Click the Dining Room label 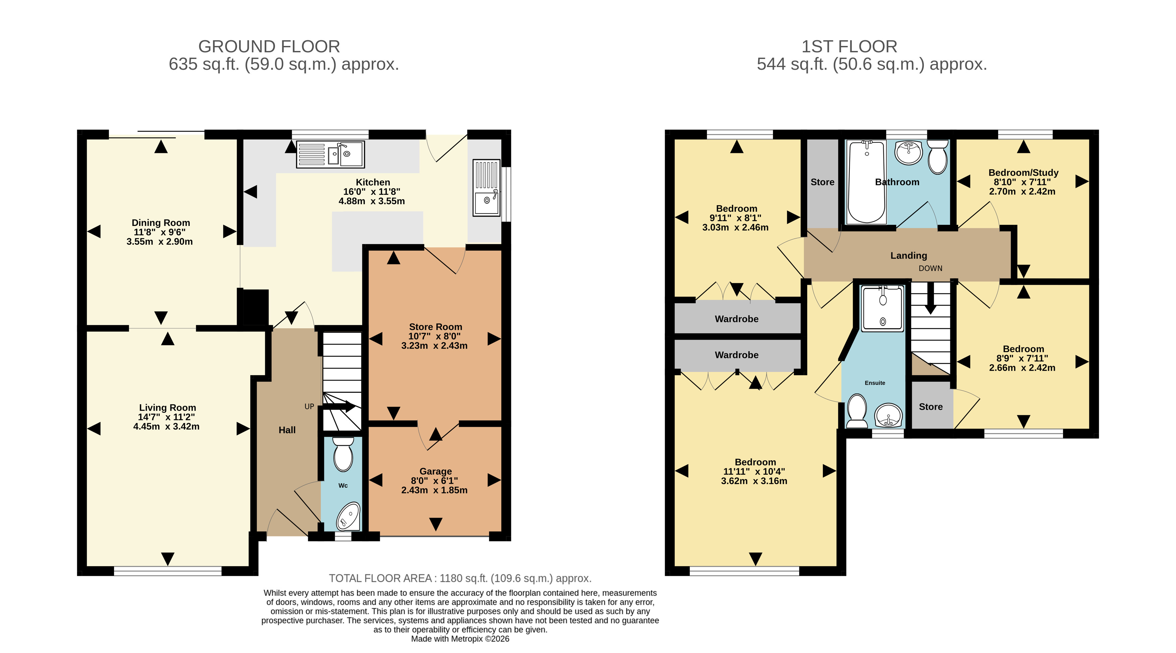pos(161,223)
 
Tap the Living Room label pos(168,408)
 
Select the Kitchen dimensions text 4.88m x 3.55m pos(372,201)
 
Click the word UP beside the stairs pos(309,407)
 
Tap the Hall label pos(287,430)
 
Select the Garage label pos(436,471)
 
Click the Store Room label pos(436,327)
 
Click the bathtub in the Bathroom pos(866,182)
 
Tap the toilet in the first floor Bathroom pos(938,157)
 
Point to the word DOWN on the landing pos(931,268)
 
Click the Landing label pos(908,255)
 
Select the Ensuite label pos(875,383)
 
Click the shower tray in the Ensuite pos(882,308)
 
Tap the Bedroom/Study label pos(1023,173)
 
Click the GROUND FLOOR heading pos(269,47)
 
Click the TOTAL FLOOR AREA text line pos(460,579)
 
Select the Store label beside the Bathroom pos(822,182)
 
